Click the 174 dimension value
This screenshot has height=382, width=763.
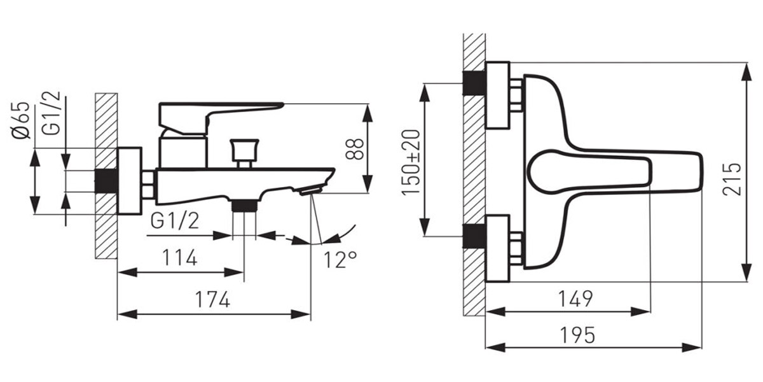(212, 299)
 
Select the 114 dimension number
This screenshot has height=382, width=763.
(179, 257)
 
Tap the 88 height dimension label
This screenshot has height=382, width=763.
(354, 149)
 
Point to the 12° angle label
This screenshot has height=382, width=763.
(340, 260)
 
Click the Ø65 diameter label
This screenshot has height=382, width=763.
(21, 120)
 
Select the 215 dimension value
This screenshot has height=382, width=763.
(732, 179)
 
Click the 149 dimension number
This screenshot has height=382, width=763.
(575, 299)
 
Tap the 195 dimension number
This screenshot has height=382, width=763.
(578, 335)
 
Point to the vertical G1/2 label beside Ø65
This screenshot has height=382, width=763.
(51, 113)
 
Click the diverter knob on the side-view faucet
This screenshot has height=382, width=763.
(244, 153)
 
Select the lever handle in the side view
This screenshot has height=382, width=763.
(221, 118)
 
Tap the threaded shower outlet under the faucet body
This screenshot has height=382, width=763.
(244, 205)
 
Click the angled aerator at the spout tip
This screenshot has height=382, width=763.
(311, 190)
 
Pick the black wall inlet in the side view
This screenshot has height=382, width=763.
(106, 181)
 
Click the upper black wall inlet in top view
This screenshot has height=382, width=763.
(474, 83)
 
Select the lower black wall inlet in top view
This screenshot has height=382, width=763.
(474, 236)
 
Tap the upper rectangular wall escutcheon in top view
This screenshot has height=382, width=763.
(498, 95)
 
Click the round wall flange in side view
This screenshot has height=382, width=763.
(130, 181)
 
